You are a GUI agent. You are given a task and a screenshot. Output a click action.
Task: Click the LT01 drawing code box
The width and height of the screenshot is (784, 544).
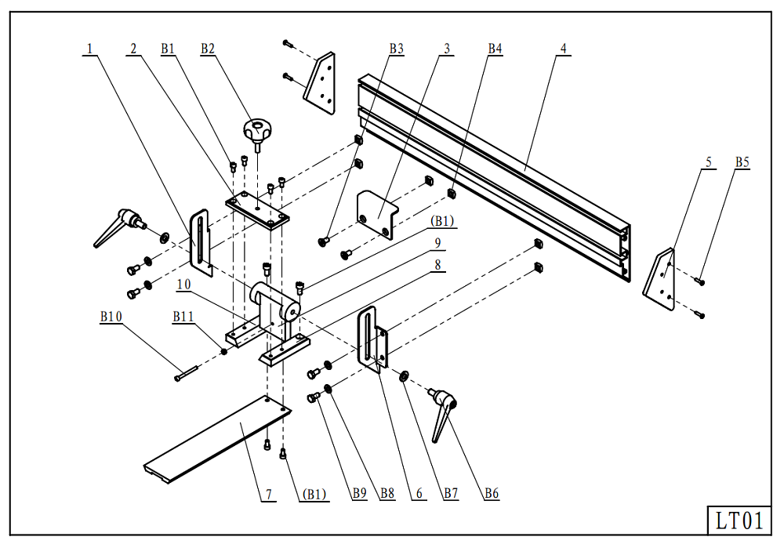pos(739,520)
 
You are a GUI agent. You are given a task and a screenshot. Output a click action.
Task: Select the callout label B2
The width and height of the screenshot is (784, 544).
pos(208,49)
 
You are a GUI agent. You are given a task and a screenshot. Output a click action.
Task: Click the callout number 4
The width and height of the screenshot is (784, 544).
pos(564,49)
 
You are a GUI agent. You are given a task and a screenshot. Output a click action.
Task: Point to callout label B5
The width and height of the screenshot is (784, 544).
pos(742,162)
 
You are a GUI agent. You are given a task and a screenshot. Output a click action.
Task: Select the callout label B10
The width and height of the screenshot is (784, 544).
pos(111,317)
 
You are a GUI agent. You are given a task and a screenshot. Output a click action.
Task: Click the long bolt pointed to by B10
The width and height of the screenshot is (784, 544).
pos(187,373)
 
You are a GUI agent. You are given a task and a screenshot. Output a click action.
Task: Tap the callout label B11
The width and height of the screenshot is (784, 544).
pos(183,317)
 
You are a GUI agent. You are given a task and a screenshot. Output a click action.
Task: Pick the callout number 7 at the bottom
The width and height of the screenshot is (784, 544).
pos(268,494)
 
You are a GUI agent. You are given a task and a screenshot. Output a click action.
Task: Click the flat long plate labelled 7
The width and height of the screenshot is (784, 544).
pos(217,439)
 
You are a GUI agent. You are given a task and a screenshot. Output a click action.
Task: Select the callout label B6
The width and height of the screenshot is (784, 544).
pos(492,494)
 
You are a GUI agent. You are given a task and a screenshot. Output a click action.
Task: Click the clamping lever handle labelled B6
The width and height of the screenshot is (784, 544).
pos(444,414)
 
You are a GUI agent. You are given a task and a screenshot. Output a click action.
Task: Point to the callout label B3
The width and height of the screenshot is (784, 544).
pos(397,49)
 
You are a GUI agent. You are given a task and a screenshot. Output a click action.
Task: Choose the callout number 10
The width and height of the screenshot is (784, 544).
pos(184,284)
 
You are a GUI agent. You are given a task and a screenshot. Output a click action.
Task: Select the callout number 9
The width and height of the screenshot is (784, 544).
pos(438,243)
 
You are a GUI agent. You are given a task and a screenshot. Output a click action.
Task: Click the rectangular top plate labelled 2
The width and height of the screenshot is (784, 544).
pos(257,211)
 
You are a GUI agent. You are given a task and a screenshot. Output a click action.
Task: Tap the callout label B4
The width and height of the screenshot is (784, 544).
pos(495,49)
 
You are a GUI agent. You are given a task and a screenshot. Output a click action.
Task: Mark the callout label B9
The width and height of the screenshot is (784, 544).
pos(360,494)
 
